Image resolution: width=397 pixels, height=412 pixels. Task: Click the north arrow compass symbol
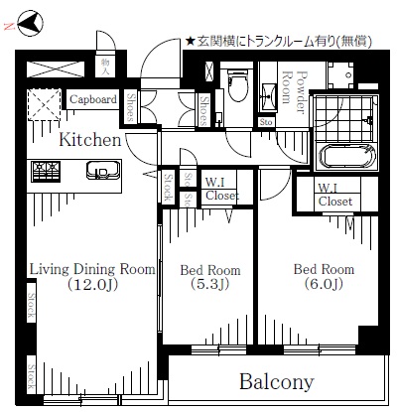29,21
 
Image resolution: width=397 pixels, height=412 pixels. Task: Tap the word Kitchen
89,140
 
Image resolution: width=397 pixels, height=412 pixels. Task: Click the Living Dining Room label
92,269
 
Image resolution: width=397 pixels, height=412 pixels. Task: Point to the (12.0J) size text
91,286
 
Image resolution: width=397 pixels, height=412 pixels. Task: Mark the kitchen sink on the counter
100,171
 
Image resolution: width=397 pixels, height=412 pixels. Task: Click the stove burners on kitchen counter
46,171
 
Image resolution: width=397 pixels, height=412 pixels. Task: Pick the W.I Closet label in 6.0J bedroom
334,194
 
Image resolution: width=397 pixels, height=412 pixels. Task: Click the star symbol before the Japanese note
191,41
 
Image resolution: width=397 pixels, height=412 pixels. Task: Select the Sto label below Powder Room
266,122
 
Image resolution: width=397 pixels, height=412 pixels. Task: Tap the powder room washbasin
269,94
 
